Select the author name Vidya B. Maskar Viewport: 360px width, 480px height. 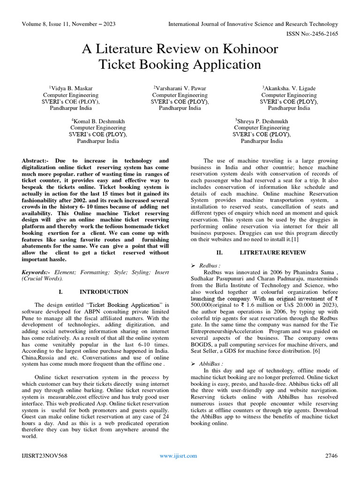[x=74, y=88]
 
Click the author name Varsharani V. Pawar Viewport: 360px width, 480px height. [x=180, y=88]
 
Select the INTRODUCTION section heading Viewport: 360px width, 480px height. [x=104, y=292]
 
